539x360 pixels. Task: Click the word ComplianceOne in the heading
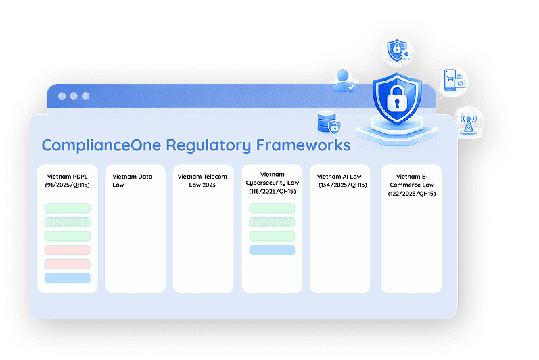(101, 145)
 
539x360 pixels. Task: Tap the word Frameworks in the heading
(303, 145)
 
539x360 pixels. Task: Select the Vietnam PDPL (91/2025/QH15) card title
(68, 181)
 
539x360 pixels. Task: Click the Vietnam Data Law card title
(133, 181)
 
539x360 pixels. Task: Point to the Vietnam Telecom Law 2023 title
(202, 181)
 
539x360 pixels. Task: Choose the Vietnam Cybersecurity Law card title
(273, 183)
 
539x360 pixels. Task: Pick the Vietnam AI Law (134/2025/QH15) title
(342, 181)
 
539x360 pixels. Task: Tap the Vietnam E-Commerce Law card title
(412, 185)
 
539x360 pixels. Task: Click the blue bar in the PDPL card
(68, 278)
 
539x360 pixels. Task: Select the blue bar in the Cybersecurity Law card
(272, 250)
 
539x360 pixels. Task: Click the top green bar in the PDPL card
(68, 208)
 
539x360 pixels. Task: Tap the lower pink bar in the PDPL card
(68, 264)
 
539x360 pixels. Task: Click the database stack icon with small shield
(329, 122)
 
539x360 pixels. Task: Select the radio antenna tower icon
(469, 123)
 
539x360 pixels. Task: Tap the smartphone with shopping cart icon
(454, 80)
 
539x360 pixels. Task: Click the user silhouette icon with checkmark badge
(344, 81)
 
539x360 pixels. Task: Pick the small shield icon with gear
(399, 51)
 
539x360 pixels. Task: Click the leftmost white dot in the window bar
(62, 96)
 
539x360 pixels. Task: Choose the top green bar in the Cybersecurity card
(272, 208)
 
